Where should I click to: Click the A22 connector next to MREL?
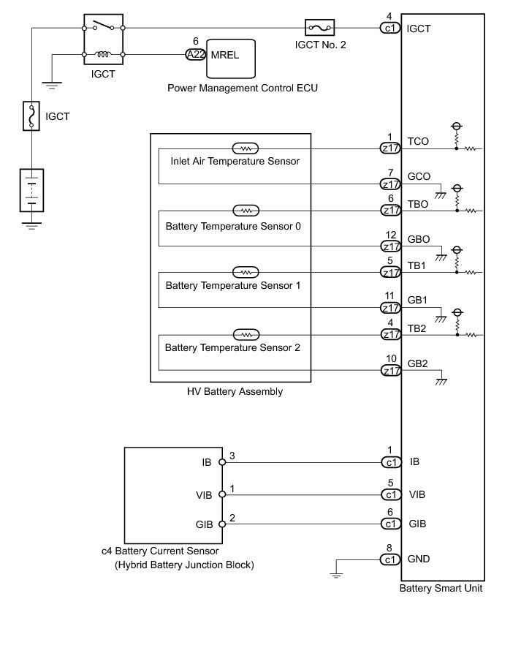tap(195, 55)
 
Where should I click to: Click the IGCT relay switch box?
tap(104, 39)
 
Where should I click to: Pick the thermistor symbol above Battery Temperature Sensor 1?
tap(246, 272)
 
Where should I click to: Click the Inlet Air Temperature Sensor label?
tap(235, 161)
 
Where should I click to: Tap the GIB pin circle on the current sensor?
tap(221, 524)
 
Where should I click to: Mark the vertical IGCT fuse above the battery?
tap(31, 116)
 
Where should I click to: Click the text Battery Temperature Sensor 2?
tap(232, 348)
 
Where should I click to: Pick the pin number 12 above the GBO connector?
tap(391, 234)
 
